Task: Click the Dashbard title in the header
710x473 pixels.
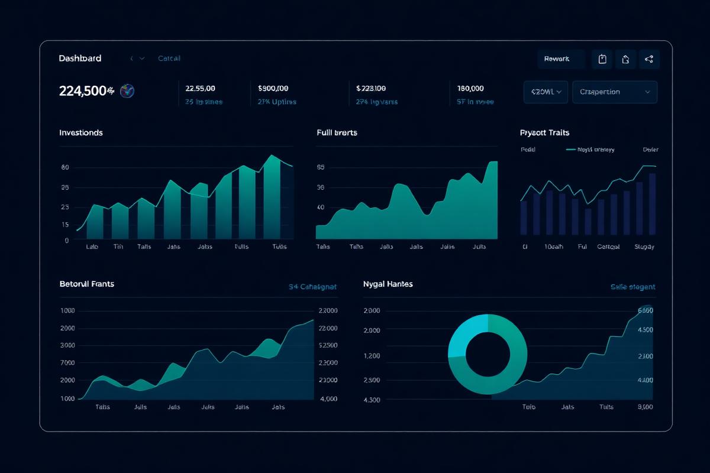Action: (x=80, y=59)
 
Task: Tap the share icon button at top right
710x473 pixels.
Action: (x=649, y=59)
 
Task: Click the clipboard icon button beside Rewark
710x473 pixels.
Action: (x=602, y=59)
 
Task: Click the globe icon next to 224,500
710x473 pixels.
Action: (x=127, y=91)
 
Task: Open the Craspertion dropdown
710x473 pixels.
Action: (x=614, y=92)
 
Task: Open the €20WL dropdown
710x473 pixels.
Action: (x=546, y=92)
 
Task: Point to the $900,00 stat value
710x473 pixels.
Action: (x=273, y=88)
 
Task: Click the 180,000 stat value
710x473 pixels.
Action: (x=470, y=88)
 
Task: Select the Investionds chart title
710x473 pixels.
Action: (x=81, y=132)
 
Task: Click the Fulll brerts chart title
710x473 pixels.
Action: (x=337, y=132)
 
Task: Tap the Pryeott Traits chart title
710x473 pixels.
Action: (x=544, y=132)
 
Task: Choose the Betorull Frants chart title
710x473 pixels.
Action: (x=87, y=284)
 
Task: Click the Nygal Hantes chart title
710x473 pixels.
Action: (x=388, y=284)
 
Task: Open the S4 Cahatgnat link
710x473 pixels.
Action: (x=312, y=287)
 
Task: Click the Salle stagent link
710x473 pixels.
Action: (x=632, y=287)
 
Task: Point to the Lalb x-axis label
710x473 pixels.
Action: (x=92, y=247)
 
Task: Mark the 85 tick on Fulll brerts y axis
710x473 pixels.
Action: (x=321, y=167)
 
